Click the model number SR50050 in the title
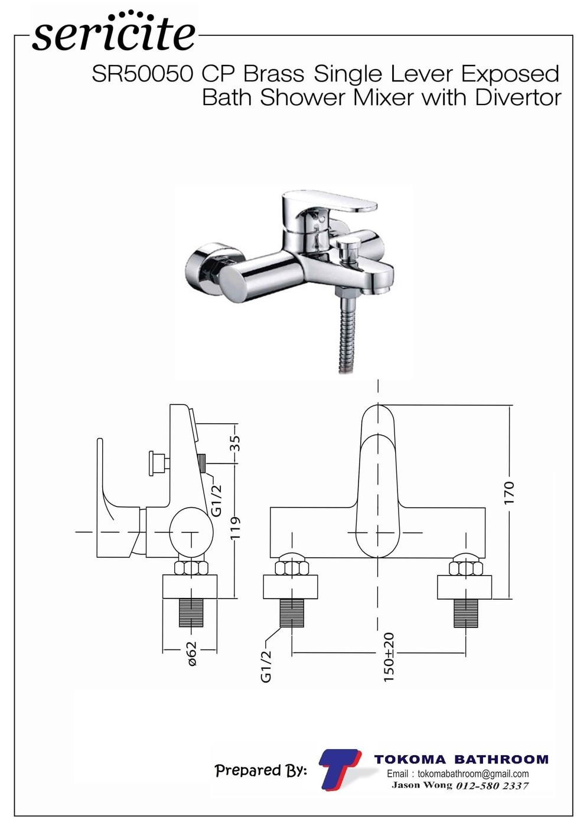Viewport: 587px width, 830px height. point(142,74)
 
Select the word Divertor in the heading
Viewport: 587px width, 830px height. point(518,97)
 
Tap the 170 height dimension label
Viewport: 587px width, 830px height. point(509,492)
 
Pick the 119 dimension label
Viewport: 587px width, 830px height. point(235,528)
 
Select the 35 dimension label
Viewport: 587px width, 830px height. point(235,443)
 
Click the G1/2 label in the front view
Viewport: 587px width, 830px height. point(266,666)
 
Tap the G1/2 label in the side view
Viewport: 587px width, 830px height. point(216,500)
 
